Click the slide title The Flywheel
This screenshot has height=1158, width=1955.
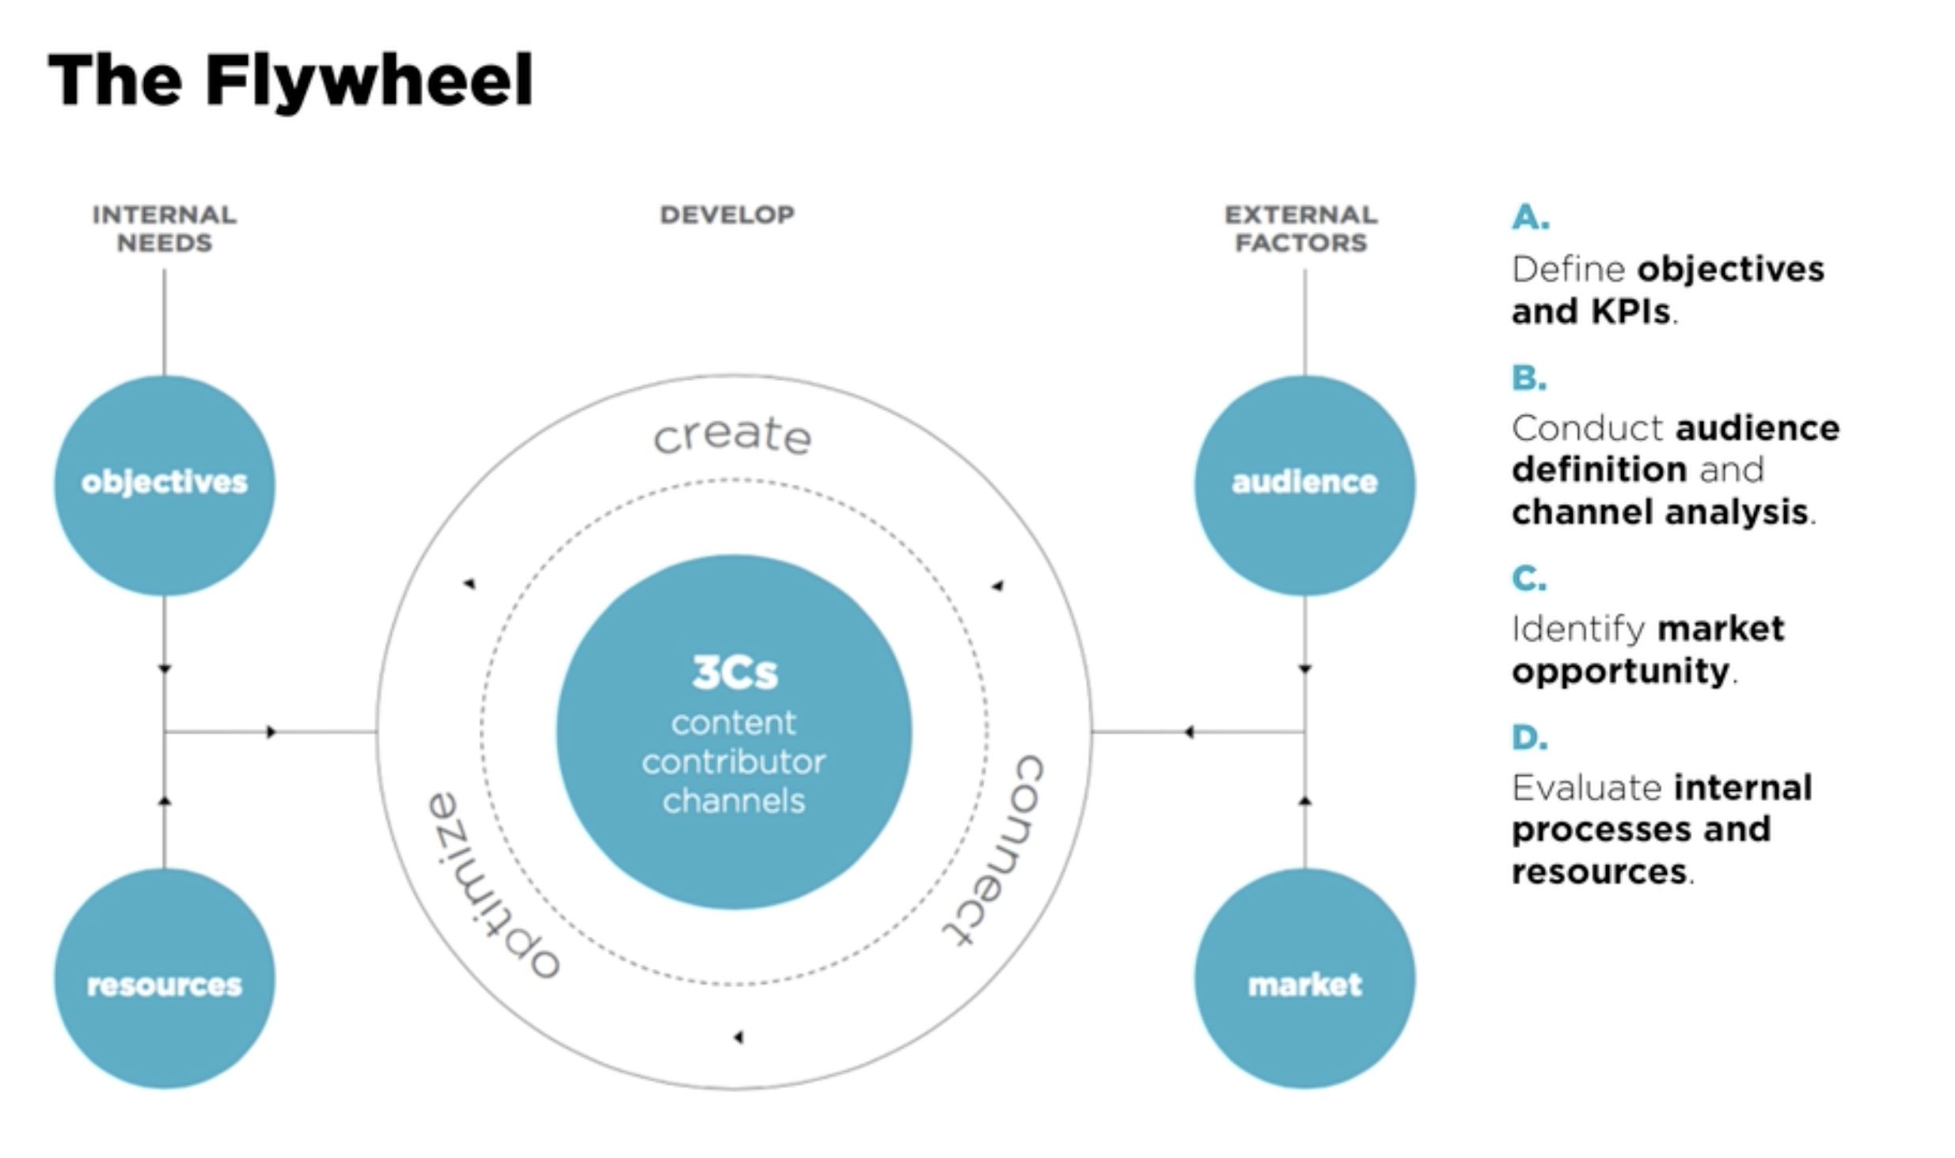[x=290, y=81]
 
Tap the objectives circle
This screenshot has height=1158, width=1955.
[x=165, y=484]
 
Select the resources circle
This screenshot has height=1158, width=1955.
[x=165, y=979]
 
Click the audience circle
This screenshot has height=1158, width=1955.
[x=1304, y=484]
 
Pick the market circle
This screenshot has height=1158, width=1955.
[x=1304, y=979]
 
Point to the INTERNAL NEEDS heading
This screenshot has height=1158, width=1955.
[x=165, y=228]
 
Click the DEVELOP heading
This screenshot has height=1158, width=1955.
[x=727, y=214]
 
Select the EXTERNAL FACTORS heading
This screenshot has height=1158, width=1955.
[x=1301, y=228]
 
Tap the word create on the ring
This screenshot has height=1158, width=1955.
[x=732, y=435]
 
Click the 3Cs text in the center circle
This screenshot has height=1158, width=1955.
[x=735, y=672]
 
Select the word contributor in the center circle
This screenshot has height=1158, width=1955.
[x=734, y=762]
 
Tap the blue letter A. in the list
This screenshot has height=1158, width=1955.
[x=1530, y=217]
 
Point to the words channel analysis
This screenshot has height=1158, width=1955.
[x=1660, y=512]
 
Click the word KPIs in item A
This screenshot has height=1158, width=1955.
[x=1630, y=311]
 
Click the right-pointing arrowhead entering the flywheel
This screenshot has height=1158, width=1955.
[x=271, y=732]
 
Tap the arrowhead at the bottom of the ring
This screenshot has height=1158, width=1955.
[x=738, y=1037]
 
